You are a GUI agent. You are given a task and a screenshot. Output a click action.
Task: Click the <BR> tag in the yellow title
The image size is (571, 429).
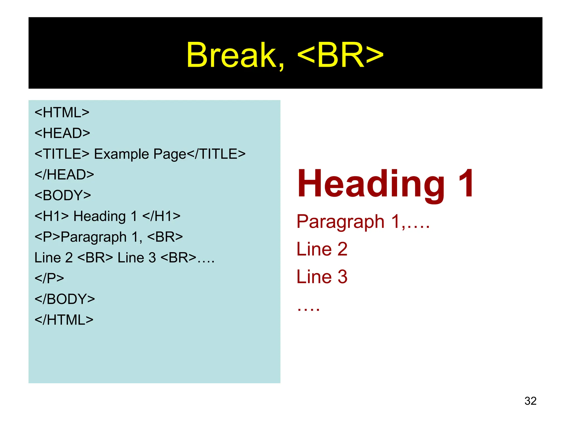(x=340, y=55)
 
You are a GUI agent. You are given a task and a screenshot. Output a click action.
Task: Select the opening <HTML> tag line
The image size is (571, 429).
(x=62, y=113)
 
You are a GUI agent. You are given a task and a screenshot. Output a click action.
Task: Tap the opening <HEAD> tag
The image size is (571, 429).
(x=62, y=133)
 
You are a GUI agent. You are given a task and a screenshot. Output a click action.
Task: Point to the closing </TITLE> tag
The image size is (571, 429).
(x=216, y=154)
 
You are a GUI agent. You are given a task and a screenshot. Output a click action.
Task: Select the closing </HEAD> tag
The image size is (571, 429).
(x=64, y=175)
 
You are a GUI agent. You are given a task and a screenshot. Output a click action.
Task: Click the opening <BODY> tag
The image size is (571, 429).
(x=63, y=195)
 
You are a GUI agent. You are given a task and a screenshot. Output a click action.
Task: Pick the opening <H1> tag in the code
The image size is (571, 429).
(x=52, y=216)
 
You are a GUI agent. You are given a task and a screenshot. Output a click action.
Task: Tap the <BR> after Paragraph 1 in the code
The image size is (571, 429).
(x=165, y=237)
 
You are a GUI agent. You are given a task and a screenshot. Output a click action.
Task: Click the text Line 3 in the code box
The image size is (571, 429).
(x=137, y=258)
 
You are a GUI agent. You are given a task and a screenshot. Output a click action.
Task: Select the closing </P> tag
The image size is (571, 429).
(x=49, y=278)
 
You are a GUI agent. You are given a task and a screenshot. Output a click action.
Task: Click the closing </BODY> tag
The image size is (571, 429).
(x=65, y=299)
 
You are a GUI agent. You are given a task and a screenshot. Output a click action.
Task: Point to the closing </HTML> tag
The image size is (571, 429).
(x=64, y=320)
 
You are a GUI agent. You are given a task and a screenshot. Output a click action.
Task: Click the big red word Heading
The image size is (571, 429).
(x=371, y=184)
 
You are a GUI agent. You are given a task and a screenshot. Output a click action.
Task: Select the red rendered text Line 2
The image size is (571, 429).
(x=322, y=249)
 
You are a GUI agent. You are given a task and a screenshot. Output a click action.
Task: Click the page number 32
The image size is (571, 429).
(x=530, y=401)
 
